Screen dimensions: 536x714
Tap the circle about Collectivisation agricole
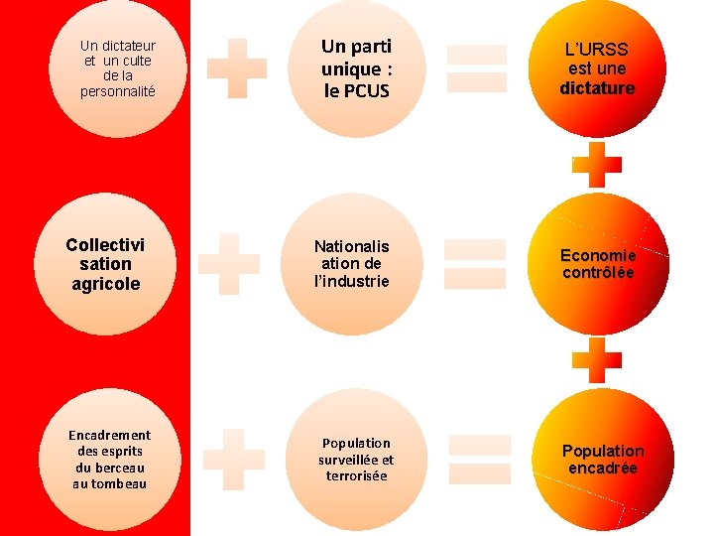[x=104, y=264]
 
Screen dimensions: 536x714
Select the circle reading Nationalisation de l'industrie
[x=352, y=264]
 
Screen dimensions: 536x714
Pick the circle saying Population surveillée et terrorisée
[x=355, y=459]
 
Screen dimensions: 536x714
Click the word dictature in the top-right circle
[x=597, y=88]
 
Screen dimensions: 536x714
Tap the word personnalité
[x=118, y=91]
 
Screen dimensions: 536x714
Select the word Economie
[x=598, y=255]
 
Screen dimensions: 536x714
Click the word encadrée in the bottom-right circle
[x=602, y=469]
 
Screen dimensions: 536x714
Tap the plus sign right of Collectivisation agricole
[x=229, y=263]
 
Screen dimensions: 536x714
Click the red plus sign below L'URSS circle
[x=597, y=164]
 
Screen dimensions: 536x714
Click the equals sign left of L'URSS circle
[x=476, y=67]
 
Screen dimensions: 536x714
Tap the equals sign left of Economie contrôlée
[x=473, y=264]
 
